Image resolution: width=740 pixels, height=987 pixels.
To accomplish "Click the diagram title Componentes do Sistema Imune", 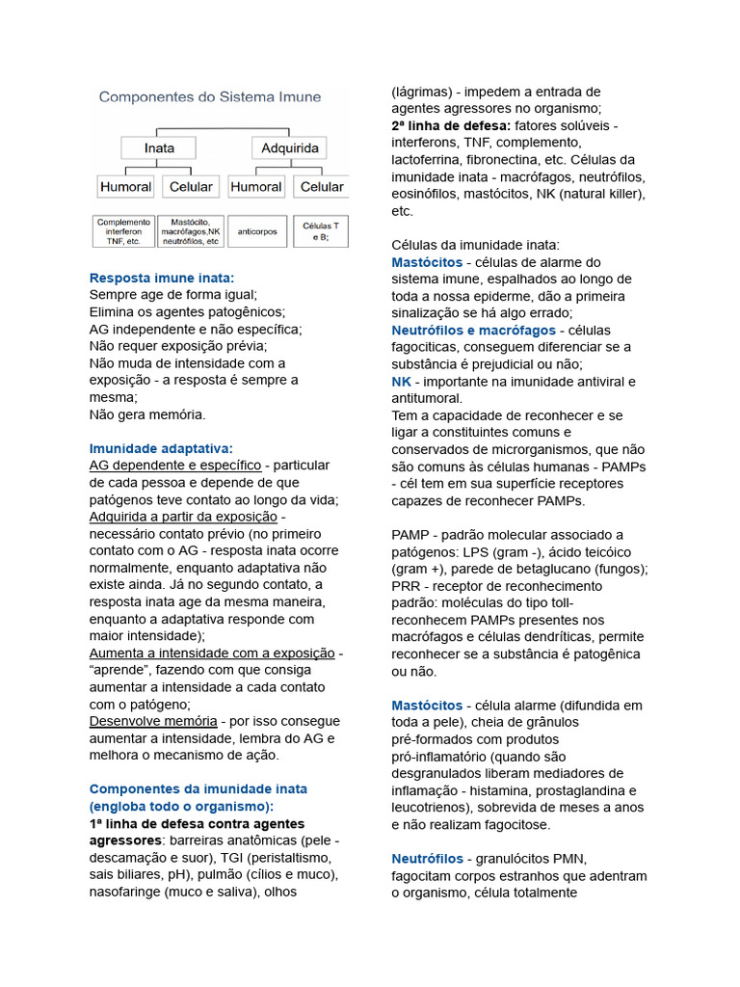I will [x=210, y=96].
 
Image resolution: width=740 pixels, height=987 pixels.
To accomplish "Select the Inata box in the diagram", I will [x=159, y=148].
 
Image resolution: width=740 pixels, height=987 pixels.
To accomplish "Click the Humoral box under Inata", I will [x=126, y=186].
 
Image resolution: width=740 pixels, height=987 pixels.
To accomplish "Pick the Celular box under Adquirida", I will [x=322, y=186].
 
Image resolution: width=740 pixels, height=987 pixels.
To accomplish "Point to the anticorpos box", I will [x=257, y=231].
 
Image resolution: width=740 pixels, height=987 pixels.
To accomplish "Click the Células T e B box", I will [x=322, y=231].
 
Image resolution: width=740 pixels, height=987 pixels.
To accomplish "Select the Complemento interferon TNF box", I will [x=123, y=231].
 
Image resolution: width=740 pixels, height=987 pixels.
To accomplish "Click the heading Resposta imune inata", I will [x=162, y=278].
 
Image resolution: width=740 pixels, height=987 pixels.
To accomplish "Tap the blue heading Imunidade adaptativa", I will [x=161, y=448].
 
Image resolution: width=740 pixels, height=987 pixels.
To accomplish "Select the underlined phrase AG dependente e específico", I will [x=175, y=465].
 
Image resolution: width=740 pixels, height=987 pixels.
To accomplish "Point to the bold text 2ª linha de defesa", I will [x=451, y=126].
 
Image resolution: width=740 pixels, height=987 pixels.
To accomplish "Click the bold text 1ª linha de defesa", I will [x=197, y=824].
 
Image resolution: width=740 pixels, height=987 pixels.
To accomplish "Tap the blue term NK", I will [x=402, y=382].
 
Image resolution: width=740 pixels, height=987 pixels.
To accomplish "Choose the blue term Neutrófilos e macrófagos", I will [x=473, y=331].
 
